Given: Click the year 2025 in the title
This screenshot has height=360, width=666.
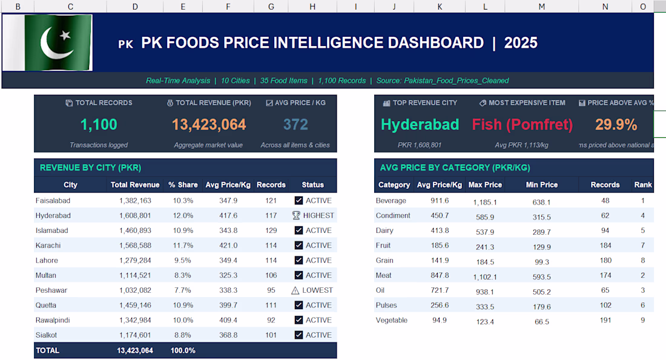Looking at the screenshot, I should tap(521, 43).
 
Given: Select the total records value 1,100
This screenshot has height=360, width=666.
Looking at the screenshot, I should tap(99, 125).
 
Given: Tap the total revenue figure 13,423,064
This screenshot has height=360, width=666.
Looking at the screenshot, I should tap(209, 125).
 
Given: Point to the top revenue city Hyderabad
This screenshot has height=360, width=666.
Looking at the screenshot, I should tap(420, 125).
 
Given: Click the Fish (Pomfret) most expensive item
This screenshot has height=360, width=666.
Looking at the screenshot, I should tap(522, 125).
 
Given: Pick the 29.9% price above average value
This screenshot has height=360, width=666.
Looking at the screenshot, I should tap(616, 125).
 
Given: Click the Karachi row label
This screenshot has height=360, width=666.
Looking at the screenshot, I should tap(48, 246).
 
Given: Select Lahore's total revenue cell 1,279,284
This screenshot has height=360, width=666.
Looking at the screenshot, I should tap(131, 261).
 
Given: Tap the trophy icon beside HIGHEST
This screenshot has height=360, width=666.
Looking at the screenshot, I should tap(296, 215).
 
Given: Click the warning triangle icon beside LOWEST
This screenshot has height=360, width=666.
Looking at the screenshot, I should tap(295, 290).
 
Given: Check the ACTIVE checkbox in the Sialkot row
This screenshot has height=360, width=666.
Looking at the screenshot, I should tap(298, 335).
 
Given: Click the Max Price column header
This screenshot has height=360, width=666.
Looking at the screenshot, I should tap(485, 185).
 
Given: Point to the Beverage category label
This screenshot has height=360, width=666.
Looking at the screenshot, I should tap(391, 201).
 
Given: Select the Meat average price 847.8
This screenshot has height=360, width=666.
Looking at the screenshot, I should tap(439, 276).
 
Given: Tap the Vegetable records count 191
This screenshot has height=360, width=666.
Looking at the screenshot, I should tap(605, 321).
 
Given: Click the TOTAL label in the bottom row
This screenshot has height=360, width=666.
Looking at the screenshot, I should tap(48, 350).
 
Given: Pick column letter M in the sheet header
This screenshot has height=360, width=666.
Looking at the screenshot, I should tap(541, 7).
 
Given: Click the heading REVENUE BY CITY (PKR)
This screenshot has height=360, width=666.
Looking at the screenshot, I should tap(90, 168).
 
